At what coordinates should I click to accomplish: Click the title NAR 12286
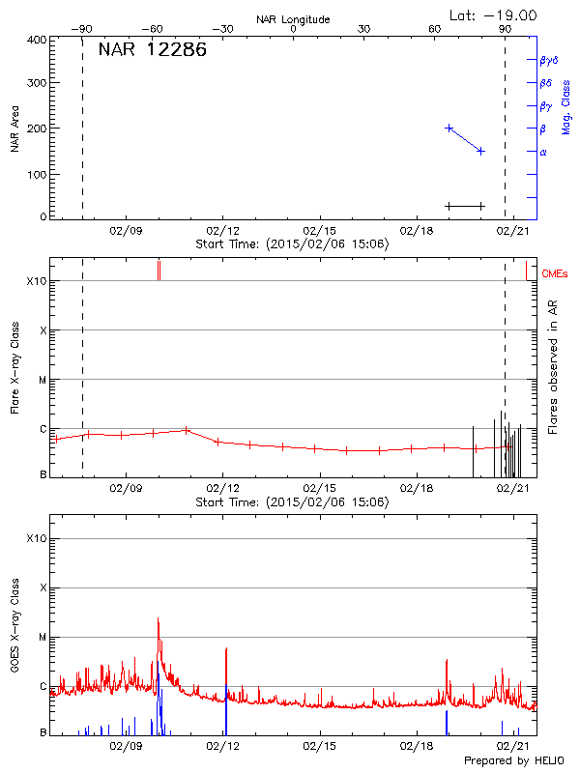pos(152,50)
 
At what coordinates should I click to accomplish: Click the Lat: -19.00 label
pos(495,15)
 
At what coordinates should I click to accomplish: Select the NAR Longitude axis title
pos(293,19)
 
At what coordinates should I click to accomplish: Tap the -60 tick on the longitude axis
pos(152,30)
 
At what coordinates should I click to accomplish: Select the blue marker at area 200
pos(449,128)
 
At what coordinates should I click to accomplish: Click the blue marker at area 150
pos(480,151)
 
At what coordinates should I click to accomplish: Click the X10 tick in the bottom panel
pos(36,538)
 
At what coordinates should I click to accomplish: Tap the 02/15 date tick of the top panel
pos(319,231)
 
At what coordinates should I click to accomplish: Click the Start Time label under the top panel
pos(292,243)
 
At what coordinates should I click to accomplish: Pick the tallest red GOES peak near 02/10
pos(158,618)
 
